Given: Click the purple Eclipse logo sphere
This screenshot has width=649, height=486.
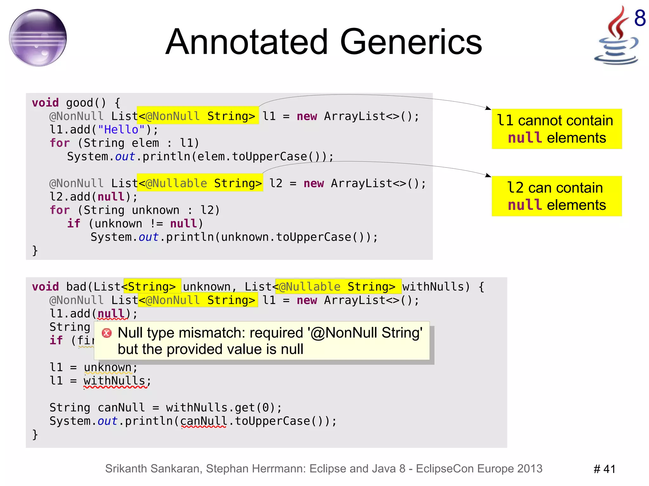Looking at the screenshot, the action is [x=38, y=38].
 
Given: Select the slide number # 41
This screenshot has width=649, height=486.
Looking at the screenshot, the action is [x=604, y=469].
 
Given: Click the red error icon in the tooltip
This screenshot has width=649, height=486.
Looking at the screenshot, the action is [x=107, y=333].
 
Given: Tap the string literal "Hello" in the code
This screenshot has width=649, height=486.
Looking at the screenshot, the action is [x=121, y=129].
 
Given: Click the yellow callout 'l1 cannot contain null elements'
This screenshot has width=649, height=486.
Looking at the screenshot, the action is [x=556, y=129].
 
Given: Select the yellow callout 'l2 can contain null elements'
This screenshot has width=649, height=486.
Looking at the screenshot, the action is [x=556, y=196].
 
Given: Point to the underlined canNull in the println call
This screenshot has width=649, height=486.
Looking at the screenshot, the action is [x=203, y=421].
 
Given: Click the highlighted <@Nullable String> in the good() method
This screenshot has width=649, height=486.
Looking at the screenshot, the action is [x=200, y=183].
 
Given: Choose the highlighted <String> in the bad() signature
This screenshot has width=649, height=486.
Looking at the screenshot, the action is [x=152, y=286].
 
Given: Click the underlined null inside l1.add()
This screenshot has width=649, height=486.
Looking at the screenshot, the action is [x=111, y=313].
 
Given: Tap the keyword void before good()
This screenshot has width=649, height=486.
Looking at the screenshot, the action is [x=45, y=103].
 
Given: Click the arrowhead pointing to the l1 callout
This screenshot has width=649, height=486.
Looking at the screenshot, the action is [x=488, y=108].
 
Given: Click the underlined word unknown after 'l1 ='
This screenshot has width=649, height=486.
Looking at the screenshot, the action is [x=108, y=367].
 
